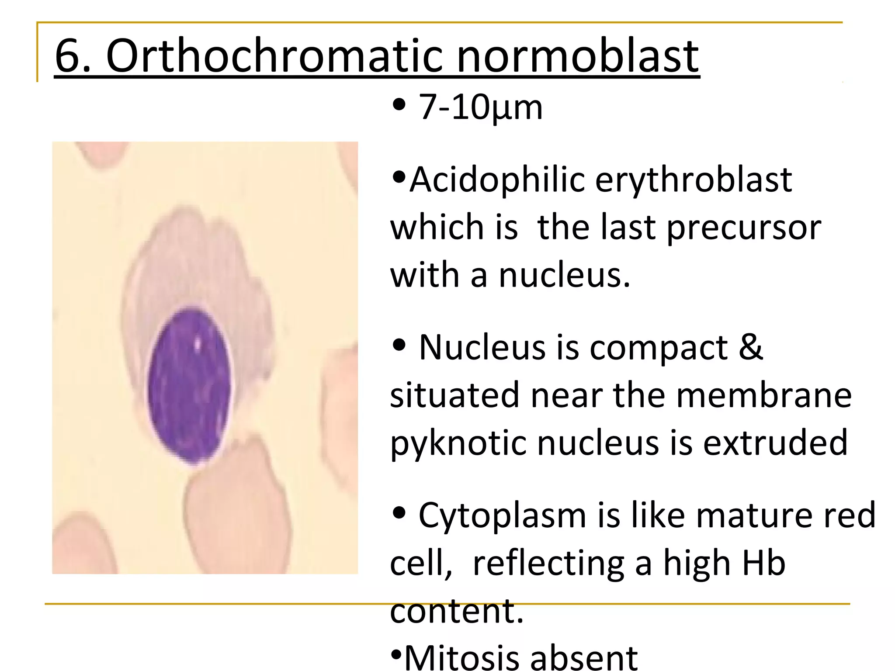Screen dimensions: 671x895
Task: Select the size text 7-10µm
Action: coord(480,107)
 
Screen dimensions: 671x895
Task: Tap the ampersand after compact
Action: coord(751,347)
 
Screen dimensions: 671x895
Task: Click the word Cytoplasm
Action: coord(502,515)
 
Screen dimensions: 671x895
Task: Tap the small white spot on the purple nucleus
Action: coord(198,343)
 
